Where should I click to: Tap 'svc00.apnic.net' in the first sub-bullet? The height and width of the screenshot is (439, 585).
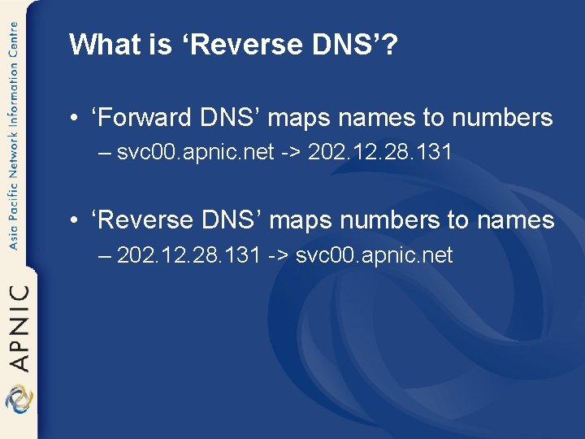195,152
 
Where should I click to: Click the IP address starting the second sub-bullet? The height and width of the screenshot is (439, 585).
189,255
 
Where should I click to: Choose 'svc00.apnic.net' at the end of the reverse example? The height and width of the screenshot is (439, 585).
375,255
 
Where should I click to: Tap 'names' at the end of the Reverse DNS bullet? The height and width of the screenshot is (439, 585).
515,220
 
